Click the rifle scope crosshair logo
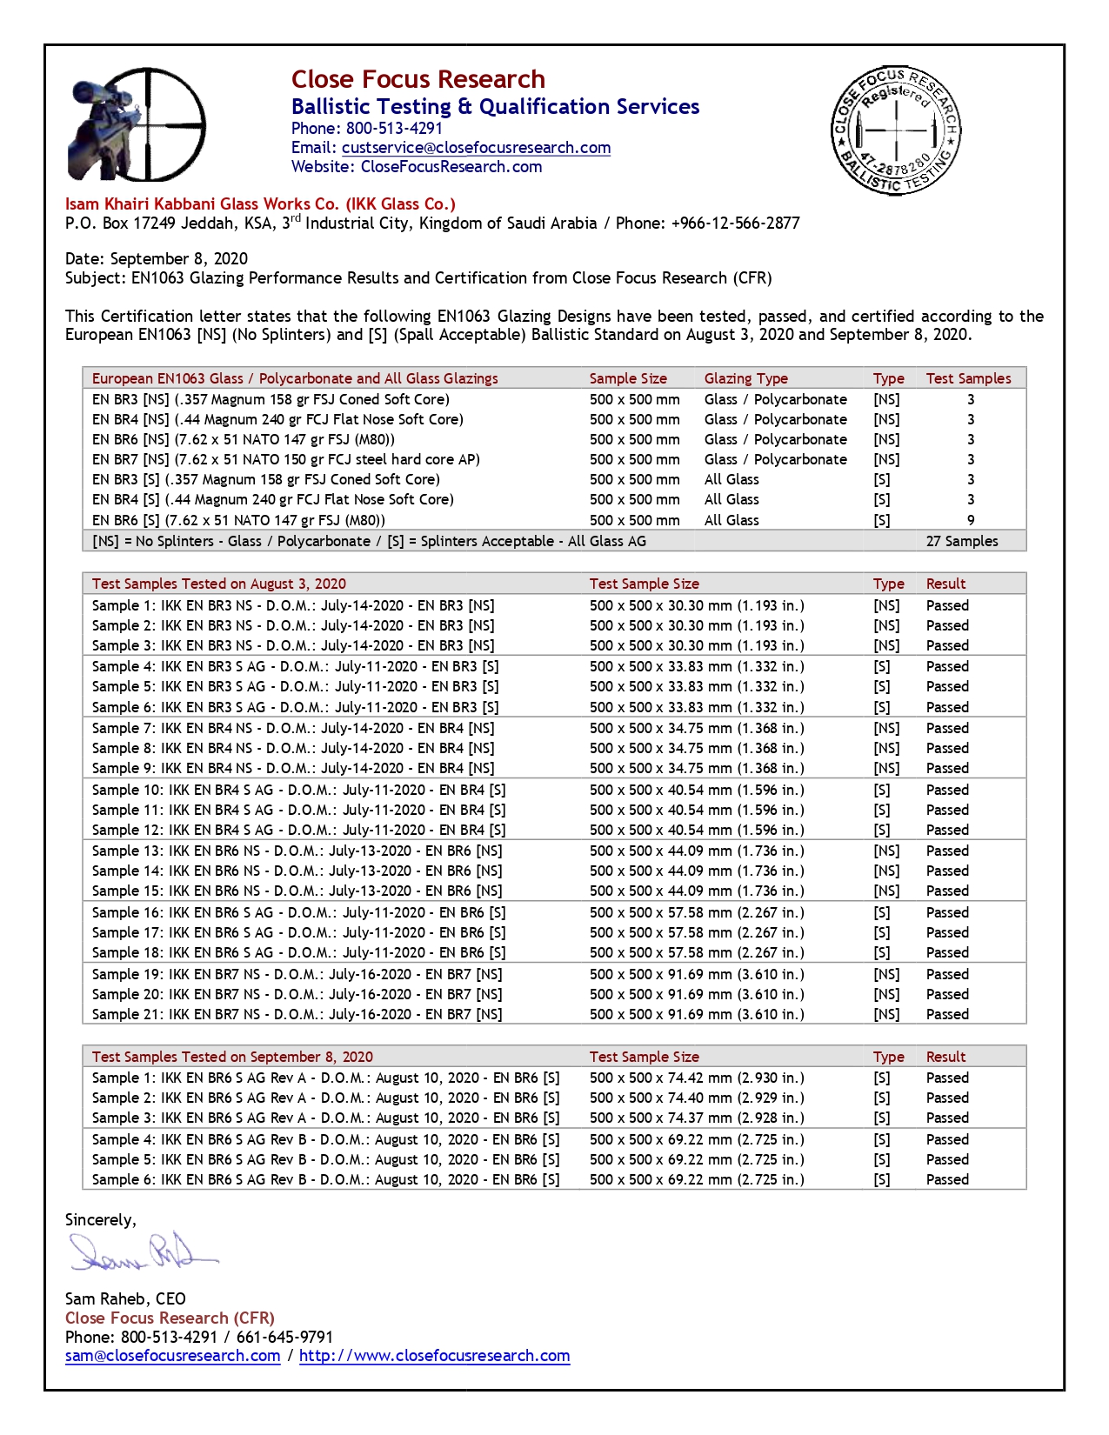click(137, 125)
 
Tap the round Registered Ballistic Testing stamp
click(896, 130)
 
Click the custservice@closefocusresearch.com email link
click(476, 148)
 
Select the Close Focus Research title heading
click(418, 79)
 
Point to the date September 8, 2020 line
click(157, 259)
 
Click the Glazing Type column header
click(745, 378)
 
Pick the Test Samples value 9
click(971, 520)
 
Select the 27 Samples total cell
click(962, 541)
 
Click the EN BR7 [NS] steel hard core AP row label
click(285, 459)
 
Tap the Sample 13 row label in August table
click(297, 851)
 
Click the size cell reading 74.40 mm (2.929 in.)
click(696, 1098)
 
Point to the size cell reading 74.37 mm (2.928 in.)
click(696, 1118)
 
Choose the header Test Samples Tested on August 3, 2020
click(218, 584)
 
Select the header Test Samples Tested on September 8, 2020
click(232, 1057)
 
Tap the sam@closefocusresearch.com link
click(172, 1356)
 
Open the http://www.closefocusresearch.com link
click(434, 1356)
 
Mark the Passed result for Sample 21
click(946, 1014)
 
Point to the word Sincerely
click(100, 1220)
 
